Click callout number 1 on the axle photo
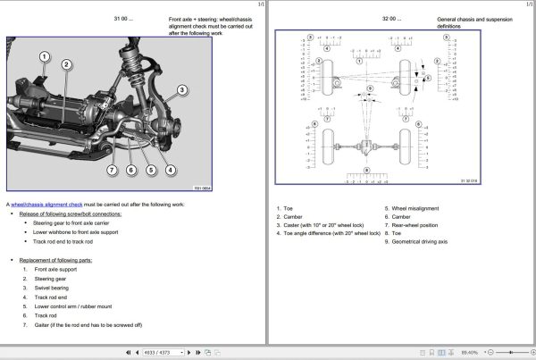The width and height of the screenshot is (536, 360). [45, 57]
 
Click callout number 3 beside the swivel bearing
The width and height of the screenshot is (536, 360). [181, 89]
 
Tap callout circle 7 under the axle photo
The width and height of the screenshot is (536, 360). [112, 170]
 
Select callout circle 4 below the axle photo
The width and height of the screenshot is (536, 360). [169, 170]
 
